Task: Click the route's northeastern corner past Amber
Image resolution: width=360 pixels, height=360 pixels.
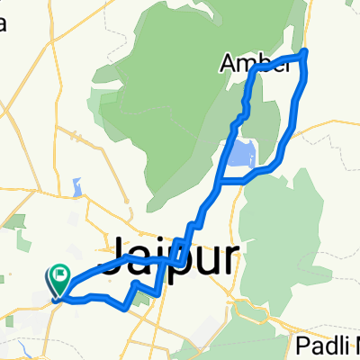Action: (x=306, y=51)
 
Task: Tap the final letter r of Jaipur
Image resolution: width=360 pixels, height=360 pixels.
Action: (x=231, y=256)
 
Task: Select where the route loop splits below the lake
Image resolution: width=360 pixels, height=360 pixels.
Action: (x=220, y=181)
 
